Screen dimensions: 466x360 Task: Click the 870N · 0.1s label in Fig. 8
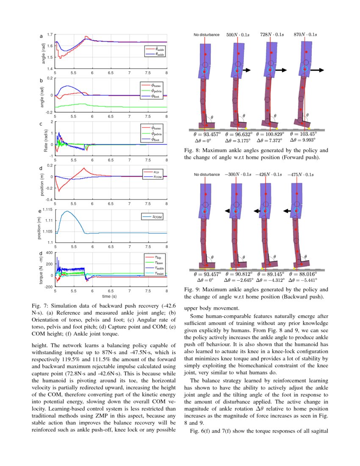[x=305, y=34]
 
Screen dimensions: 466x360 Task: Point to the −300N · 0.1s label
[x=238, y=174]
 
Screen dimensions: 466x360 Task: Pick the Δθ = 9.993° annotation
[x=303, y=140]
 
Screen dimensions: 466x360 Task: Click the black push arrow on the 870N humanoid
[x=317, y=70]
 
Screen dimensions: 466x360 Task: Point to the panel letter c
[x=40, y=124]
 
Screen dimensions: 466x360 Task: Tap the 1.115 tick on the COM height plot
[x=47, y=210]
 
